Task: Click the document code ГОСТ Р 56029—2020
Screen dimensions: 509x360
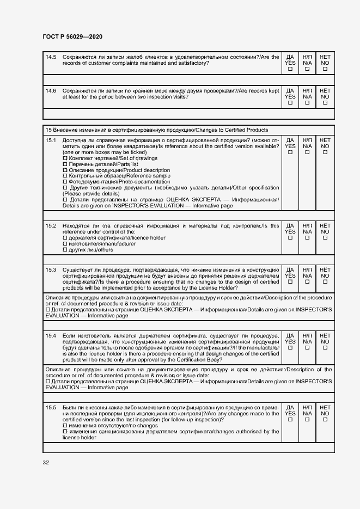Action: [x=72, y=36]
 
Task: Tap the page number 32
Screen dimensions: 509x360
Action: [x=46, y=462]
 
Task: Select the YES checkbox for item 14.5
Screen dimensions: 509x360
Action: [x=290, y=69]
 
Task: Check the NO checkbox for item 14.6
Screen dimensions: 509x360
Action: [x=325, y=103]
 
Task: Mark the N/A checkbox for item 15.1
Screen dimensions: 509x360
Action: [x=308, y=152]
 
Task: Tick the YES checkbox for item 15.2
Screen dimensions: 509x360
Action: [x=290, y=238]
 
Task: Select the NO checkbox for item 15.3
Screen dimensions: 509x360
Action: [x=325, y=282]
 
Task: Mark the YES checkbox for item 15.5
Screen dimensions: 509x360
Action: [x=290, y=420]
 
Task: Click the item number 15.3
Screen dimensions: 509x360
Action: [x=51, y=269]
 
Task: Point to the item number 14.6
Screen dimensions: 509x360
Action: [x=51, y=90]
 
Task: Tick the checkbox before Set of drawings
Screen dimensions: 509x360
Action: [x=65, y=158]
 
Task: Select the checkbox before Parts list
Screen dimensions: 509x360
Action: [x=65, y=164]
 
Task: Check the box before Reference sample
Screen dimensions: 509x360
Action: [x=65, y=176]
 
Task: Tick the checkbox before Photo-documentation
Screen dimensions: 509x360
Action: [x=65, y=182]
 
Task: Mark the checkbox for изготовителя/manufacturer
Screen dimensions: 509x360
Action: [x=65, y=244]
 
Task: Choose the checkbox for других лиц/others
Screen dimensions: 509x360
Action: [x=65, y=250]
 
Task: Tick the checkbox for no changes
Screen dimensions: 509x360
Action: [x=65, y=425]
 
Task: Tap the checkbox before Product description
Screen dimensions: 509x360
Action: [x=65, y=170]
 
